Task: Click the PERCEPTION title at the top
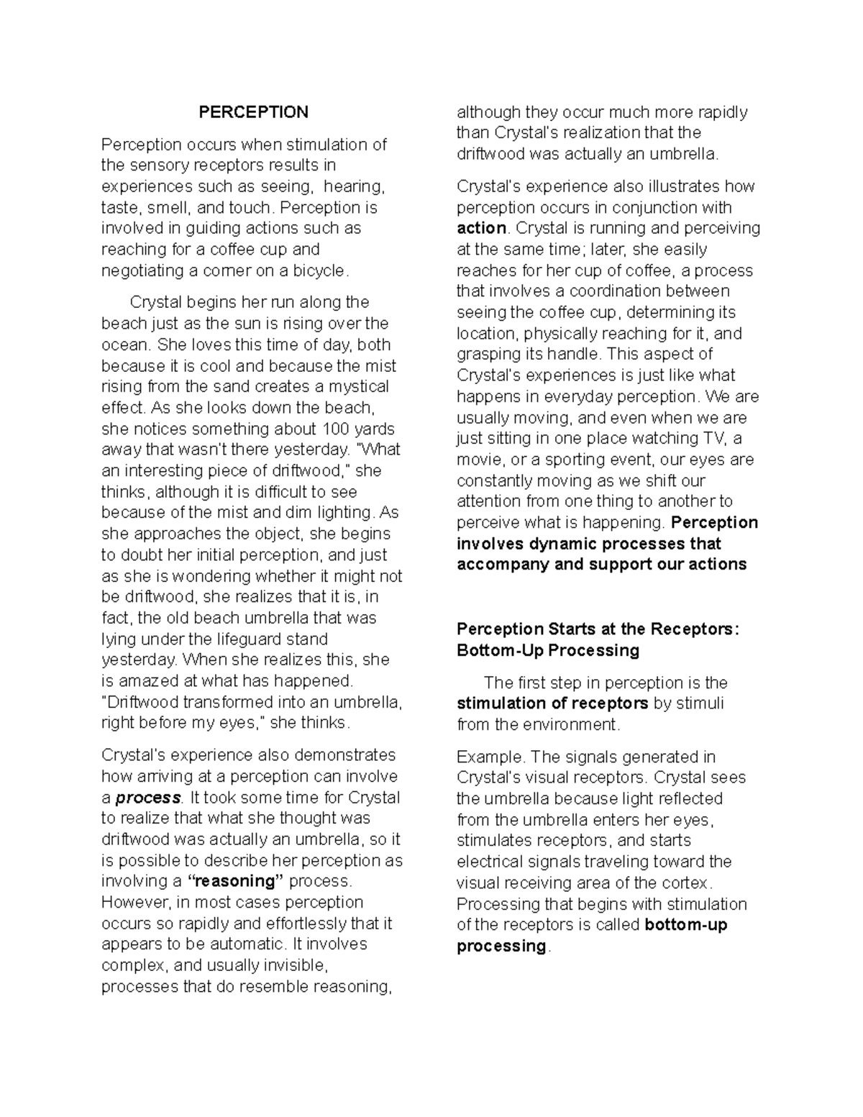tap(253, 112)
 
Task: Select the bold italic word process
tap(148, 798)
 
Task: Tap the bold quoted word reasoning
tap(236, 882)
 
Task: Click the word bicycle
tap(320, 271)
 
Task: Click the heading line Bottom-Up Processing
tap(547, 651)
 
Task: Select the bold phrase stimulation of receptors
tap(552, 703)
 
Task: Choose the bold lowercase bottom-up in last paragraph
tap(686, 925)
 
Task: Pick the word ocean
tap(125, 345)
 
